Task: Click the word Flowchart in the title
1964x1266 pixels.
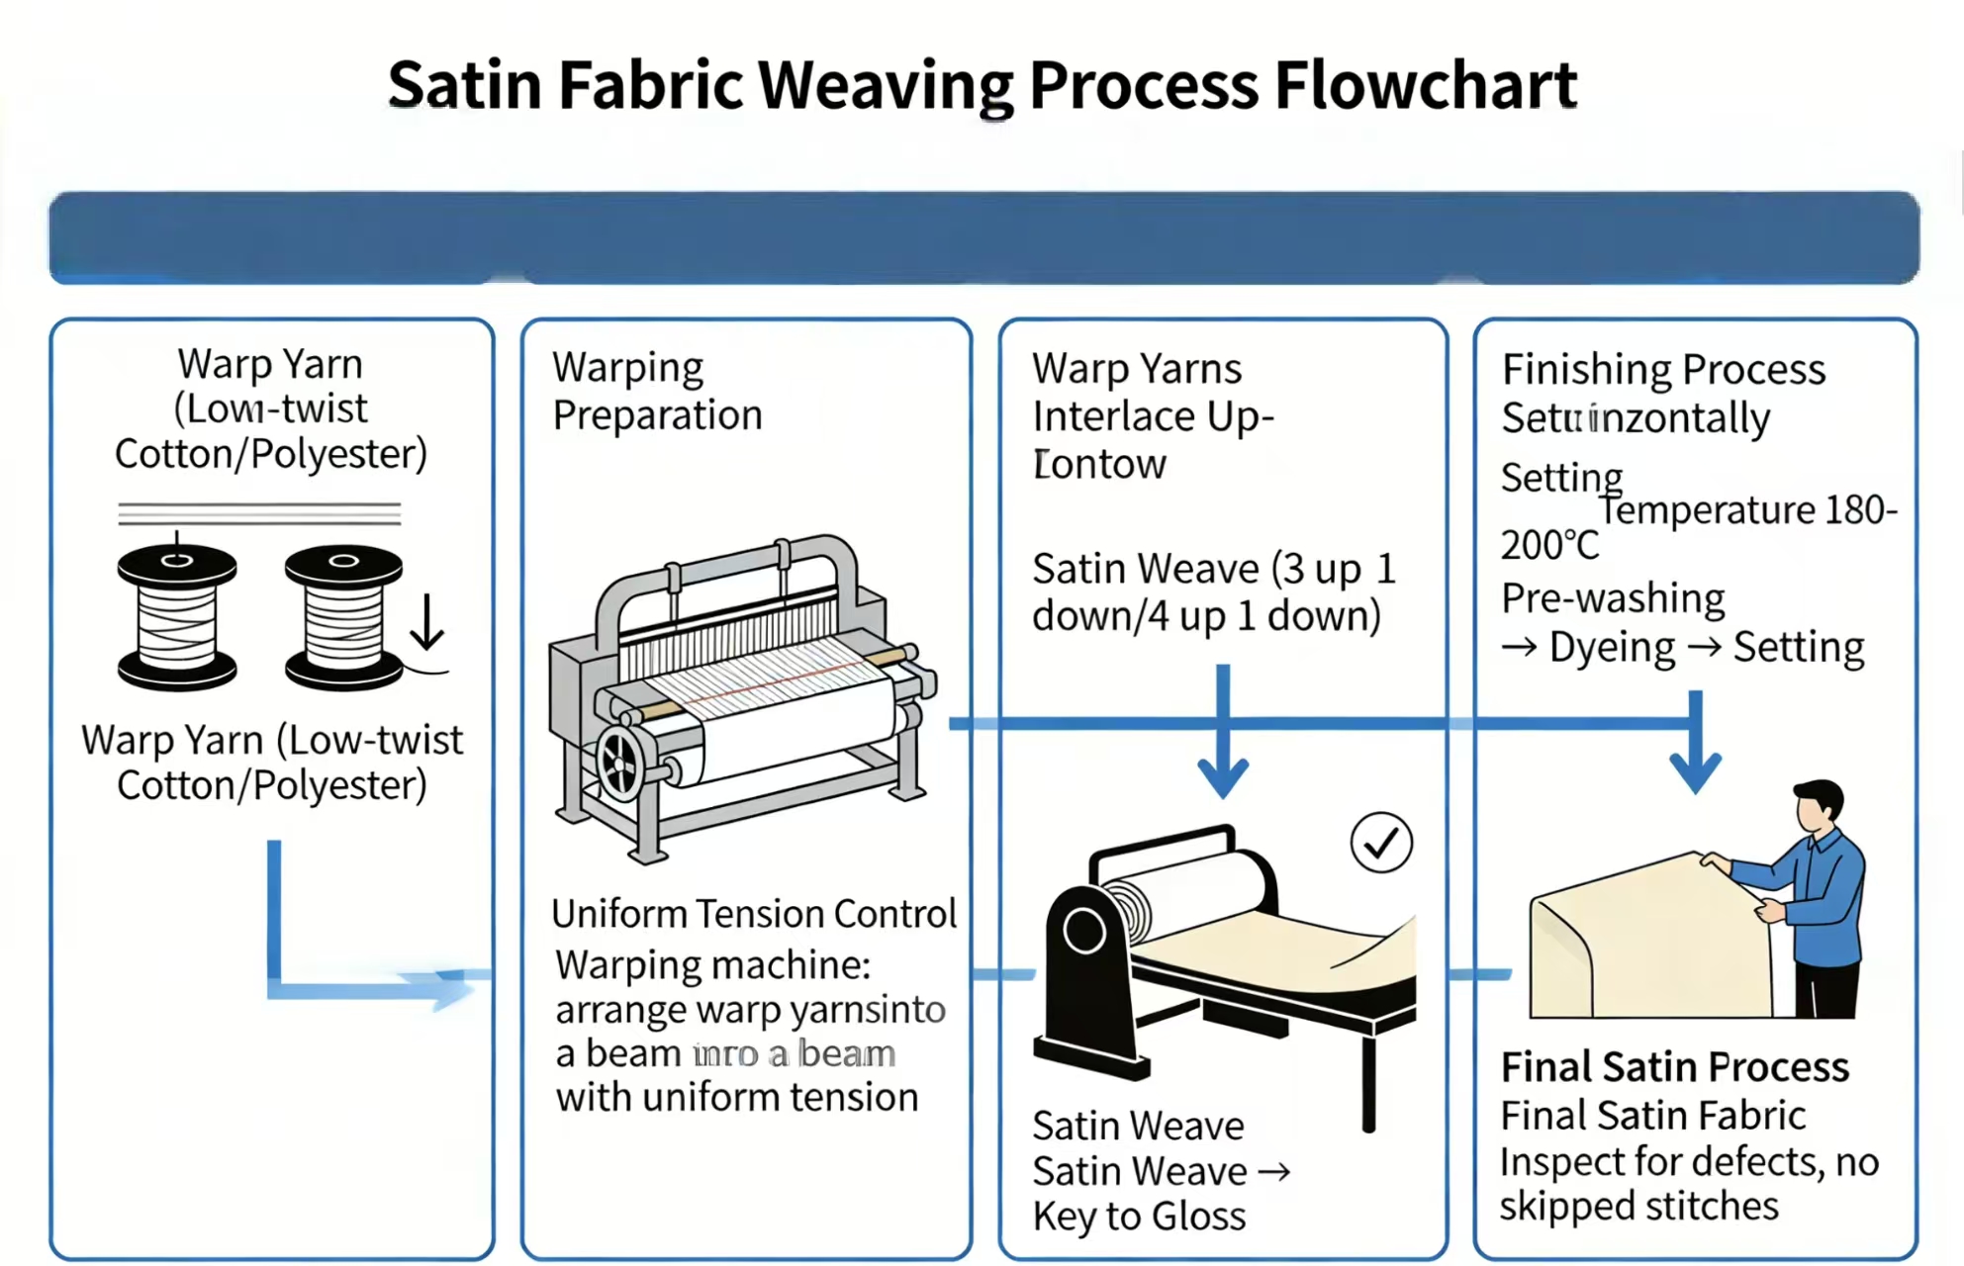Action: click(x=1425, y=85)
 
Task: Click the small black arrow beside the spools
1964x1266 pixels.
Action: click(x=426, y=623)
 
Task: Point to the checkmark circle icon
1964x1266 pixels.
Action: click(x=1381, y=843)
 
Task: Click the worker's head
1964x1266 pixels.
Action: click(x=1819, y=806)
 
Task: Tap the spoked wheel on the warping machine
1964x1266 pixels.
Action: click(x=621, y=763)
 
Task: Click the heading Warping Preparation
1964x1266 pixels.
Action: click(x=657, y=391)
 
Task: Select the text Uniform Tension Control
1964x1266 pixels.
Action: click(x=754, y=914)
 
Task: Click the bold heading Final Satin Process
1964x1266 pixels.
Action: click(x=1674, y=1067)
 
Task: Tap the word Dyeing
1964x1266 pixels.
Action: click(x=1612, y=648)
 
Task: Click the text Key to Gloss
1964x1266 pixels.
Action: click(x=1139, y=1217)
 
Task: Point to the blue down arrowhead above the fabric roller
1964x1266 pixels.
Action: click(x=1223, y=776)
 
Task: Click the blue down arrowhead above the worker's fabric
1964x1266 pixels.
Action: click(x=1696, y=771)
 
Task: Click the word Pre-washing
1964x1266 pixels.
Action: click(x=1613, y=598)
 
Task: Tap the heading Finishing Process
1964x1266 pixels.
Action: click(x=1663, y=370)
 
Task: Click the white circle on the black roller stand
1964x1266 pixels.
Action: click(x=1084, y=931)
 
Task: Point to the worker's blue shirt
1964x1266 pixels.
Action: click(x=1823, y=895)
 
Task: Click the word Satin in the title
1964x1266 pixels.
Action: click(x=464, y=85)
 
